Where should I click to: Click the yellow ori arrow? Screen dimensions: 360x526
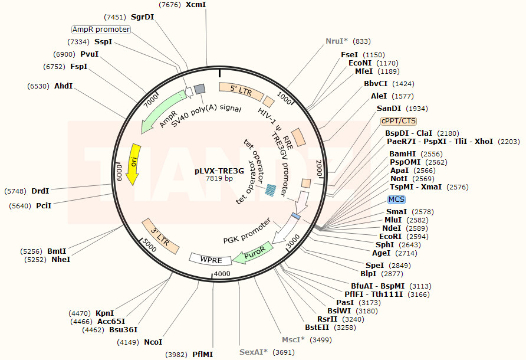[135, 163]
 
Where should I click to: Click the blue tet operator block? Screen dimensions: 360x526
[271, 189]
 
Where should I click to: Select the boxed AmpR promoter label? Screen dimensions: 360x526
[101, 30]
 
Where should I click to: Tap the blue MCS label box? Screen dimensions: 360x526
[396, 199]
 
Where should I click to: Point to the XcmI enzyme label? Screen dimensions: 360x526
[196, 5]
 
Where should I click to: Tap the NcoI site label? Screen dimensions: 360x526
[153, 342]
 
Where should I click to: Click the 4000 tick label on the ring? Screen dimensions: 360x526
[222, 274]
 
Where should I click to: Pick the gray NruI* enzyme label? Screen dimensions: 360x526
[337, 41]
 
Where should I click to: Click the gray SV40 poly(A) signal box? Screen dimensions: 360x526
[199, 89]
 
